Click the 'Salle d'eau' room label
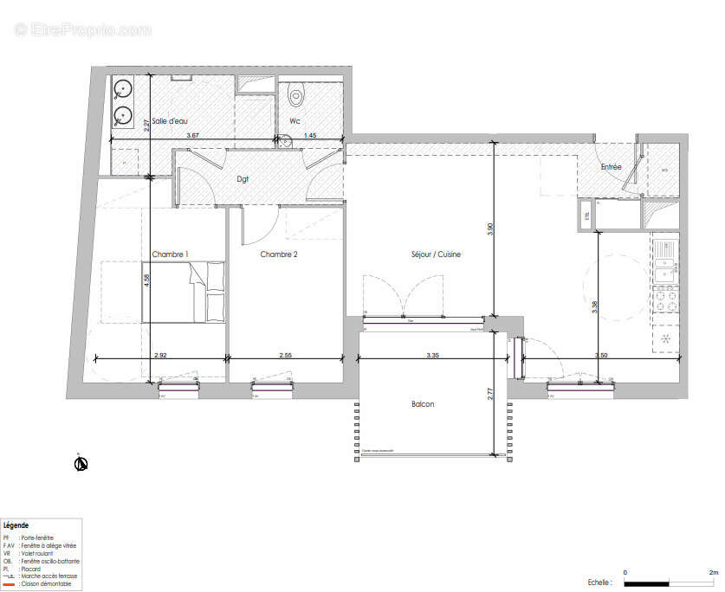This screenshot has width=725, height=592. tap(169, 121)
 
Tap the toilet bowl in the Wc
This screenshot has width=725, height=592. tap(295, 93)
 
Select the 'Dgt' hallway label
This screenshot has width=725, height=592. tap(243, 179)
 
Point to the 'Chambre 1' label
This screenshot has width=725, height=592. tap(171, 254)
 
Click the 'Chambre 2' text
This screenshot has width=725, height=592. tap(279, 254)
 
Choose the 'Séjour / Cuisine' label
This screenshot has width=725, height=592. tap(436, 254)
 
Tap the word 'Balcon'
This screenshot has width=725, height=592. tap(423, 404)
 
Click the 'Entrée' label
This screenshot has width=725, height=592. tap(611, 166)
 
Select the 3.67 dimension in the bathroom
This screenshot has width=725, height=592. tap(192, 136)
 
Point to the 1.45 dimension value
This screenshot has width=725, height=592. tap(310, 136)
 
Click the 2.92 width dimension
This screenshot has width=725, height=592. tap(160, 355)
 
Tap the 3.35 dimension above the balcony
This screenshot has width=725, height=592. tap(433, 355)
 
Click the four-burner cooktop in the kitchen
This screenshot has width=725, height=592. tap(666, 300)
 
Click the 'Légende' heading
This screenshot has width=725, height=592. tap(16, 525)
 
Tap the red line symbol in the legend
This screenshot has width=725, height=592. tap(8, 585)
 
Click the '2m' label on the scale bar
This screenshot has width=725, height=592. tap(714, 573)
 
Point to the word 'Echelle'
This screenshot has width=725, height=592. tap(599, 582)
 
